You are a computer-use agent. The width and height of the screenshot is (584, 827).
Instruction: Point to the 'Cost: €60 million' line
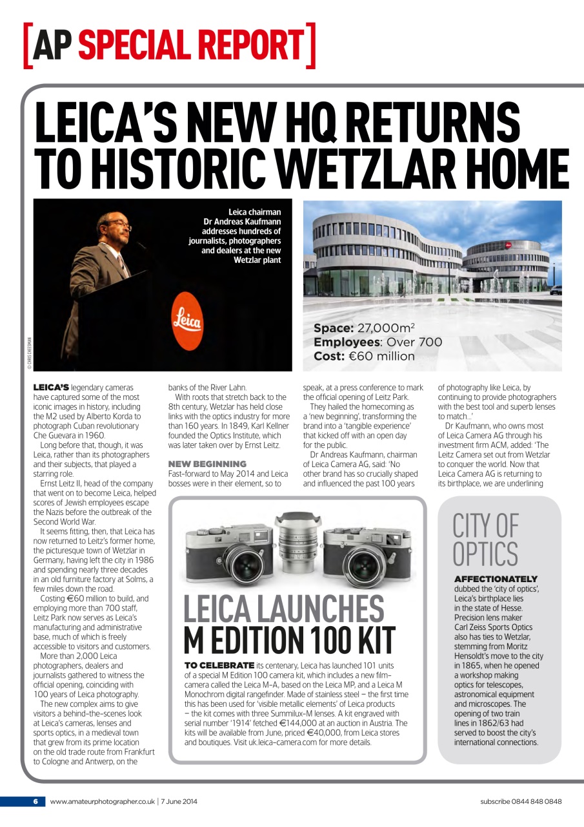point(364,356)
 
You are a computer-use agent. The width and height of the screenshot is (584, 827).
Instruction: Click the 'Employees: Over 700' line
point(378,342)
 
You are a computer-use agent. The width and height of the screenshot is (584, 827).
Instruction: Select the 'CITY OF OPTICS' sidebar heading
point(485,539)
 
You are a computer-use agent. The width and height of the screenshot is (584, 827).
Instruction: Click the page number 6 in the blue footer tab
point(36,802)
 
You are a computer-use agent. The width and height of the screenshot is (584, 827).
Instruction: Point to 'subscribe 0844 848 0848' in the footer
point(521,802)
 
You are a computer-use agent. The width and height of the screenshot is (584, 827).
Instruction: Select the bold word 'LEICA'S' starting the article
point(51,387)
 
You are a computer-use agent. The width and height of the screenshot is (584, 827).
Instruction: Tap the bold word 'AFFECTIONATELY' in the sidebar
point(496,579)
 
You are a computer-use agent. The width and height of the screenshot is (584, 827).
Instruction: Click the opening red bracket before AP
point(28,45)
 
